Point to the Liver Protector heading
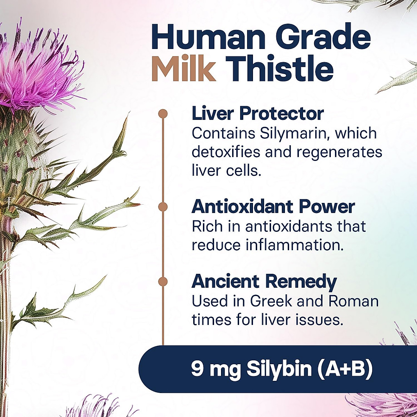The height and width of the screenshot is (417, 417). pos(257,114)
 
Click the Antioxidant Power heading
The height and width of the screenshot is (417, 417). pos(273,207)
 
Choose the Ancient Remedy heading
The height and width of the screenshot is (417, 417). pos(264,281)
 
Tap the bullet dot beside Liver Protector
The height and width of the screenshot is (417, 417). pos(163,114)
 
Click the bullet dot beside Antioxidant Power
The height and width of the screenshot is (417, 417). pos(163,207)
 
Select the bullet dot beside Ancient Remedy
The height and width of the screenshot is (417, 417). pos(163,281)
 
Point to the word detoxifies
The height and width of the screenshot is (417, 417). pos(225,152)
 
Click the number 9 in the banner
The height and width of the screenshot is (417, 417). pos(197,369)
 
